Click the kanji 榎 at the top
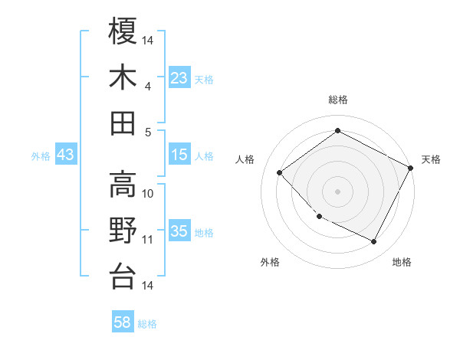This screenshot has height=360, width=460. (123, 31)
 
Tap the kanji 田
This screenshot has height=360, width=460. (123, 123)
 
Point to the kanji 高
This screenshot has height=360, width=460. (123, 183)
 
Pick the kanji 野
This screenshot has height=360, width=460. (123, 229)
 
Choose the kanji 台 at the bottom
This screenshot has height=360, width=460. (123, 275)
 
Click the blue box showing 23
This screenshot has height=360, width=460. (179, 78)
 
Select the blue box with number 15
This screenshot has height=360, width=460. (179, 155)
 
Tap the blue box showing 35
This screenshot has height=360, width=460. (179, 231)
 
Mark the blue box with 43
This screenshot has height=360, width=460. (66, 155)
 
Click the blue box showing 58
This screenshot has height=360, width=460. (123, 322)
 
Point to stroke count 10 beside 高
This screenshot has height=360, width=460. (148, 194)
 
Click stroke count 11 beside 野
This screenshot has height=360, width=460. (148, 240)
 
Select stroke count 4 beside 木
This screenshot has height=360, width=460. (148, 87)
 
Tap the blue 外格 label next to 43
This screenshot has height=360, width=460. (41, 155)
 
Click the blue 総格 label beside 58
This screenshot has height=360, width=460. (147, 323)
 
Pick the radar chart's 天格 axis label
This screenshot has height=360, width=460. (431, 159)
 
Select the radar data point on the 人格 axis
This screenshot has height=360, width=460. (280, 173)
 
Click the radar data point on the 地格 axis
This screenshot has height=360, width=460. (374, 241)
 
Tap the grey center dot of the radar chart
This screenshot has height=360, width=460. (337, 191)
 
